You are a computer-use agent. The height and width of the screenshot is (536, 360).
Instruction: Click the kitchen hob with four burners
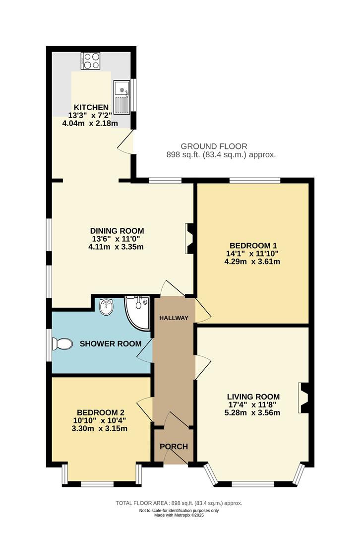[91, 61]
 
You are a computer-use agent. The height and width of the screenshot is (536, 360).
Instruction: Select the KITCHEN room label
[91, 108]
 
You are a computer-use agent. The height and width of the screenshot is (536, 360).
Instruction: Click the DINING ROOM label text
[117, 231]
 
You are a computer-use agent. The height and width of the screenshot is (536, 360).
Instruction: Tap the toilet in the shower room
[63, 343]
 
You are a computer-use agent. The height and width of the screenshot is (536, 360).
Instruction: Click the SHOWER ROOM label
[111, 343]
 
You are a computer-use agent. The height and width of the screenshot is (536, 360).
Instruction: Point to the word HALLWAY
[174, 318]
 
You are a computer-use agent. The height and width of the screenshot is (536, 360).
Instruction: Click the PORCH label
[174, 447]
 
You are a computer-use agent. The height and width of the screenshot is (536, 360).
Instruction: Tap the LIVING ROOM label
[253, 397]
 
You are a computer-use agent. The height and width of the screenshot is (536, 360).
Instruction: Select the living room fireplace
[302, 397]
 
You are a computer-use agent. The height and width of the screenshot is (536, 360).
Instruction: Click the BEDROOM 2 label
[101, 412]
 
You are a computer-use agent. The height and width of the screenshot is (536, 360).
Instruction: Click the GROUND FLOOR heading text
[214, 146]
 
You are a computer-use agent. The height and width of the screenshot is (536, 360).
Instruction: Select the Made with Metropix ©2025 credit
[179, 515]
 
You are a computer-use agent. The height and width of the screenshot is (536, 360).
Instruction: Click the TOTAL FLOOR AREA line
[179, 503]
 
